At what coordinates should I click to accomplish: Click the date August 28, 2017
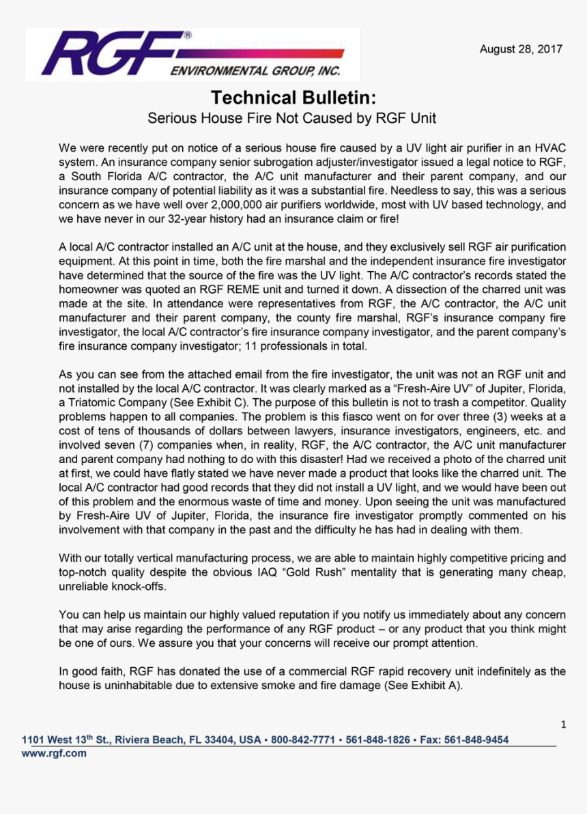tap(521, 48)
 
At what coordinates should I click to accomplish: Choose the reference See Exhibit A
tap(423, 686)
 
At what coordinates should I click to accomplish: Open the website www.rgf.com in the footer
tap(55, 753)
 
